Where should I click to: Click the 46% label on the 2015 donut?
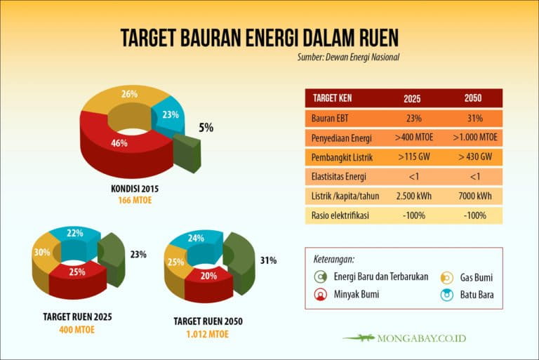pos(119,143)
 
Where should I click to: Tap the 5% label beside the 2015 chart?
pos(206,128)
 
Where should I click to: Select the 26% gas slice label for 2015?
pos(130,94)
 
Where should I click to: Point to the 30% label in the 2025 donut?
pos(42,253)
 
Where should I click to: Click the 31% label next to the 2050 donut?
pos(269,260)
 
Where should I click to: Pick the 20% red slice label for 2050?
pos(208,276)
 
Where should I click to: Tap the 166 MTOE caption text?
pos(135,200)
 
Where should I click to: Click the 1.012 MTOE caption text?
pos(208,334)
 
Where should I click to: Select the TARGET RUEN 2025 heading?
pos(77,316)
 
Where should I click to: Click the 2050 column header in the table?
pos(473,98)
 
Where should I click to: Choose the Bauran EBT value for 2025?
pos(414,119)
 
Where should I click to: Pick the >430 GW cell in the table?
pos(475,156)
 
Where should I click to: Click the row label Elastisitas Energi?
pos(339,177)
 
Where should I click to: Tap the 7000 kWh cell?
pos(475,196)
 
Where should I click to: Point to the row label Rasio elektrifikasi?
pos(340,215)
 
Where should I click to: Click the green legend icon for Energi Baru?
pos(320,276)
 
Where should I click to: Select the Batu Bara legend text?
pos(477,295)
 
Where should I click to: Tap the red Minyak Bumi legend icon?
pos(320,295)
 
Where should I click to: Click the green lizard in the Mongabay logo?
pos(359,338)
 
